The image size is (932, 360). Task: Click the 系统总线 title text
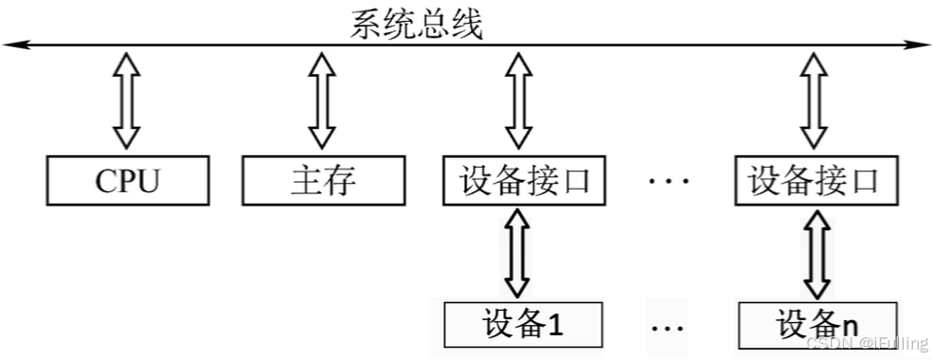pyautogui.click(x=416, y=24)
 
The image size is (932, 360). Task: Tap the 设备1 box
pyautogui.click(x=524, y=323)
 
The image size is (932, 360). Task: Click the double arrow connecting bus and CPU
pyautogui.click(x=127, y=101)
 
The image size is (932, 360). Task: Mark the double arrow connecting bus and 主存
pyautogui.click(x=323, y=101)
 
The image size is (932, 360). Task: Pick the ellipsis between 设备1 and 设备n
pyautogui.click(x=668, y=327)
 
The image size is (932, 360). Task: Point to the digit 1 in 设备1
pyautogui.click(x=555, y=324)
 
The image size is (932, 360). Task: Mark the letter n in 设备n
pyautogui.click(x=850, y=325)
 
